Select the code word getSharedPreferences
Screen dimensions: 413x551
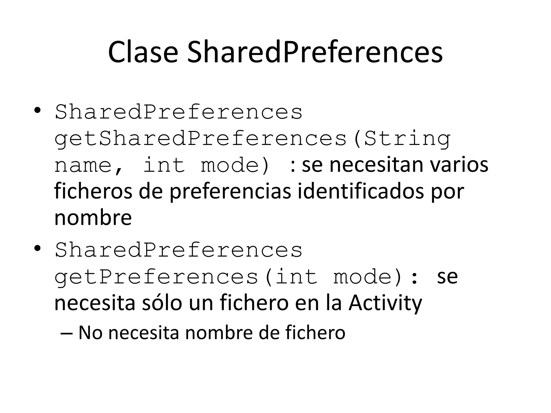pos(200,139)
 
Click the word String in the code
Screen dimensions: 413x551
pos(407,139)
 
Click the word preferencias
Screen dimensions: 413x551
pos(230,191)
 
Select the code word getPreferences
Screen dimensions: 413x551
pos(156,277)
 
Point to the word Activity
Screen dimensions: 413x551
pos(385,303)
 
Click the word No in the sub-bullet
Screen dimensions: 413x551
pos(90,333)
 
